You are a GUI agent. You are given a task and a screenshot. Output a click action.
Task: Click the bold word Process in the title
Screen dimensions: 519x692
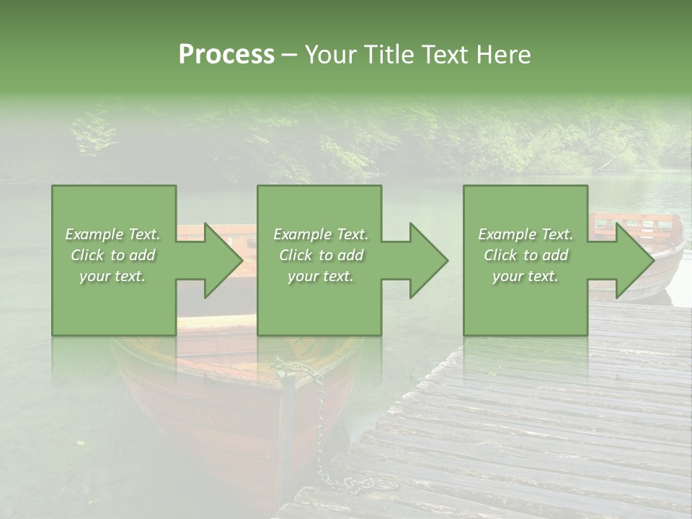(226, 55)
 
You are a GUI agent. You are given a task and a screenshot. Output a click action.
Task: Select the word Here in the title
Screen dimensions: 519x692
(504, 55)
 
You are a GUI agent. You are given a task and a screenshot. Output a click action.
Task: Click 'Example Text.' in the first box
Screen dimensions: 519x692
(113, 234)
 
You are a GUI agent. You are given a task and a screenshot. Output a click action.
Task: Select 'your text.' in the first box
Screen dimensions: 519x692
(113, 276)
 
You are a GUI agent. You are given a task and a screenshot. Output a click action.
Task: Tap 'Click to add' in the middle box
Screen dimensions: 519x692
(321, 255)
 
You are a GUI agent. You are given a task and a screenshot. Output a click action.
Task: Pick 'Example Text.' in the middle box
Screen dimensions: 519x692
(321, 234)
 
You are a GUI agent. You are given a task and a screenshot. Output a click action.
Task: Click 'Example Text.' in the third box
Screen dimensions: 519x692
(525, 234)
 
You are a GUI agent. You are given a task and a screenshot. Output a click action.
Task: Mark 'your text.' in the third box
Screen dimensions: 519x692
(525, 276)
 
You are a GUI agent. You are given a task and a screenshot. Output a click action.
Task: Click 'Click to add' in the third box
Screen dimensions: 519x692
(525, 255)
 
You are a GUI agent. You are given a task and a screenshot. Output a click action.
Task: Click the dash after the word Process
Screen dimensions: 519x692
(289, 55)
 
